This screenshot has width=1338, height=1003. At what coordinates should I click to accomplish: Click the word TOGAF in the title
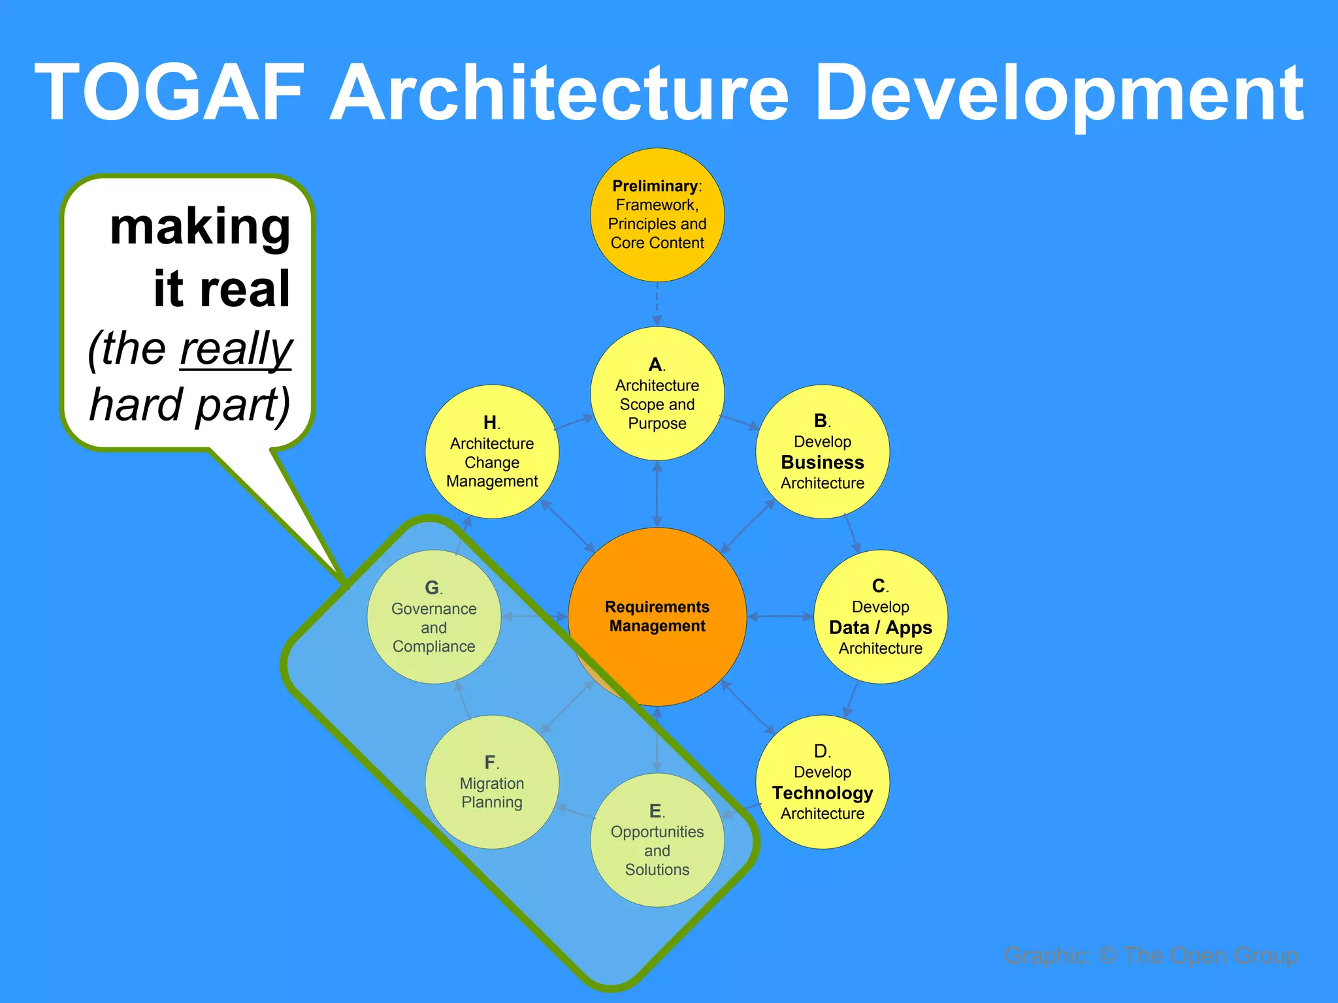click(x=170, y=92)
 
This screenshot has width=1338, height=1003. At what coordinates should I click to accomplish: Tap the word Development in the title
click(x=1059, y=95)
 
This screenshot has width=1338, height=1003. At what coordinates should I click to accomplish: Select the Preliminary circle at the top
click(x=657, y=215)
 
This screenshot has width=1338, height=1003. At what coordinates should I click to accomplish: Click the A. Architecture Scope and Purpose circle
click(x=657, y=394)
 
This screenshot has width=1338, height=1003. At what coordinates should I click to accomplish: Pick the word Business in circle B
click(x=822, y=462)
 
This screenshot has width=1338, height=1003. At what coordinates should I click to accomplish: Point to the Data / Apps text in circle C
click(x=880, y=628)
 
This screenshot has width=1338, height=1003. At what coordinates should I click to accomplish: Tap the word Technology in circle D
click(x=822, y=793)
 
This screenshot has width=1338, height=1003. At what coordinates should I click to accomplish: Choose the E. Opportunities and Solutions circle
click(x=657, y=840)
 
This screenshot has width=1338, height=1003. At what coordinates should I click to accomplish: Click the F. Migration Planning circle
click(x=492, y=782)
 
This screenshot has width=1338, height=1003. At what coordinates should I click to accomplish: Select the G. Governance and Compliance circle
click(x=434, y=617)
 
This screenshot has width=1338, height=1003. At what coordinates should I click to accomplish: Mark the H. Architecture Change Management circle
click(x=492, y=452)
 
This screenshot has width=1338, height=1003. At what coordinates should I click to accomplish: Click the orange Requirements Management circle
click(x=657, y=616)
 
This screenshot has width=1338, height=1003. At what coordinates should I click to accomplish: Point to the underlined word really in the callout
click(x=236, y=349)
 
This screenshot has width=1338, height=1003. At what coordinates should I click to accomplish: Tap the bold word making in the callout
click(x=200, y=227)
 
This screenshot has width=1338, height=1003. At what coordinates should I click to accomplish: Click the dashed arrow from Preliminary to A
click(x=657, y=304)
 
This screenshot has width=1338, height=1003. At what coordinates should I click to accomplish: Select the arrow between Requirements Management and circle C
click(x=780, y=616)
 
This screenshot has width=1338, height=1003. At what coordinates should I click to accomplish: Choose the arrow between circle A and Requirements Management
click(x=657, y=494)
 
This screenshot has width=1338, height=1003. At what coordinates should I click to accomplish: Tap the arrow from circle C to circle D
click(x=851, y=700)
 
